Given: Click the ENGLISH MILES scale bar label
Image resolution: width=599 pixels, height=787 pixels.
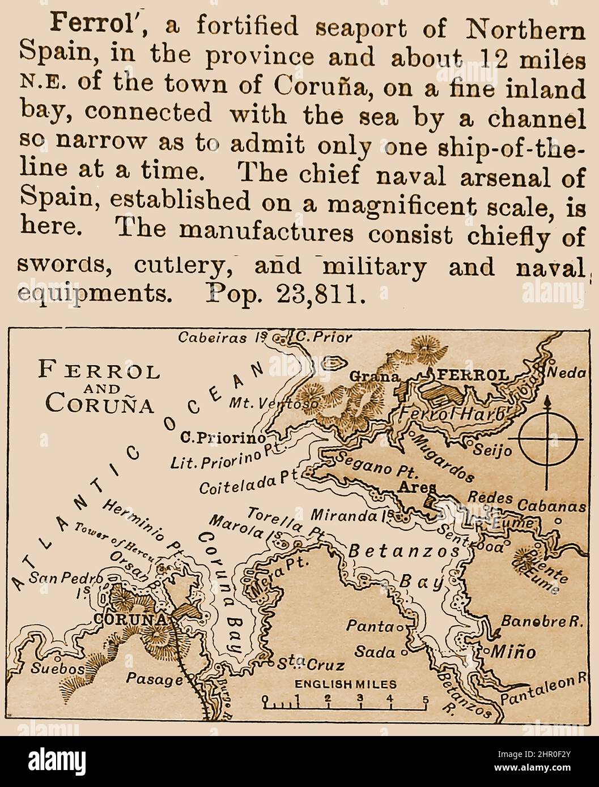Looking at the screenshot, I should click(x=345, y=684).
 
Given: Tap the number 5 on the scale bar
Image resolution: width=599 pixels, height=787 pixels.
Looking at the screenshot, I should click(x=424, y=698).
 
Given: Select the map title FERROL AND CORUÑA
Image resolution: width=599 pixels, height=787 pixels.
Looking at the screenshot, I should click(x=99, y=388).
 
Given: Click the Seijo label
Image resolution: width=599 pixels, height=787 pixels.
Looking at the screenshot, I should click(x=492, y=450).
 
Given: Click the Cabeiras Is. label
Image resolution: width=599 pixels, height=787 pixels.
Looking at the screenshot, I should click(x=222, y=338).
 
